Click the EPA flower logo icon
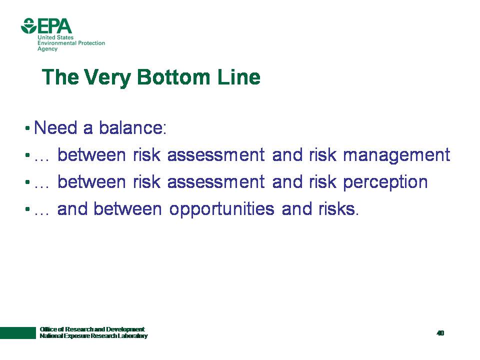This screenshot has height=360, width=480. [28, 25]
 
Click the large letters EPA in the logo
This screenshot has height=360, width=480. [54, 26]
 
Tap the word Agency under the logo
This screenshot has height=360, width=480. [47, 49]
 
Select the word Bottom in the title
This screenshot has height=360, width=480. [173, 76]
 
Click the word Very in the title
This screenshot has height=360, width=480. [107, 78]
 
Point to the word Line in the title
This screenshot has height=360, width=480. [239, 76]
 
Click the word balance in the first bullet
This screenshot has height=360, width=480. [132, 127]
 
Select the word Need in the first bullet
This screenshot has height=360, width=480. [55, 127]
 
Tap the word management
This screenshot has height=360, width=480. [396, 156]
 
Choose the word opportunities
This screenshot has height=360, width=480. [221, 210]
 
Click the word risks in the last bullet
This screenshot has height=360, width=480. [338, 209]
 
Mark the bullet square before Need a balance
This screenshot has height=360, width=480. [27, 128]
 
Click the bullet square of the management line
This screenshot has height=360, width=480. [27, 155]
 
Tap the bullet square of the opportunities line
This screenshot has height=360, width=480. [27, 209]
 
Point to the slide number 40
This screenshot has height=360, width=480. [440, 333]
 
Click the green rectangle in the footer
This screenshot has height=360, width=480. [18, 333]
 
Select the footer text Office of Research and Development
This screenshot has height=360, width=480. [92, 329]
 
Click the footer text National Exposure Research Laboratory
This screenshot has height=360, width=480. [93, 336]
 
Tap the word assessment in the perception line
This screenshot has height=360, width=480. [216, 182]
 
